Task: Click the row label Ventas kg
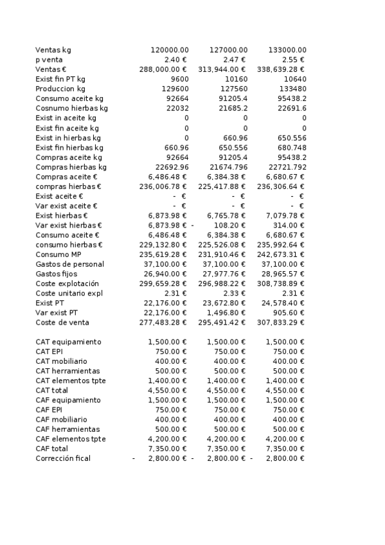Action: [x=53, y=49]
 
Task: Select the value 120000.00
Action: [x=170, y=49]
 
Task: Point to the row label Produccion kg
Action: [x=60, y=89]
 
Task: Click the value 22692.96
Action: [x=168, y=167]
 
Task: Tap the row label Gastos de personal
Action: [x=69, y=264]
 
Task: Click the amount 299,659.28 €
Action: [x=163, y=283]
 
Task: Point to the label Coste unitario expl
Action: [x=69, y=293]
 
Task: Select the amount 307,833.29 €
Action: [x=281, y=323]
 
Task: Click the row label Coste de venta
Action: [x=62, y=323]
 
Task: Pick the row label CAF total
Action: [x=52, y=449]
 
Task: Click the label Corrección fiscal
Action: [x=63, y=458]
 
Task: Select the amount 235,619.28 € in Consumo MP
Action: [x=163, y=255]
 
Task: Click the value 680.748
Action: [x=292, y=147]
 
